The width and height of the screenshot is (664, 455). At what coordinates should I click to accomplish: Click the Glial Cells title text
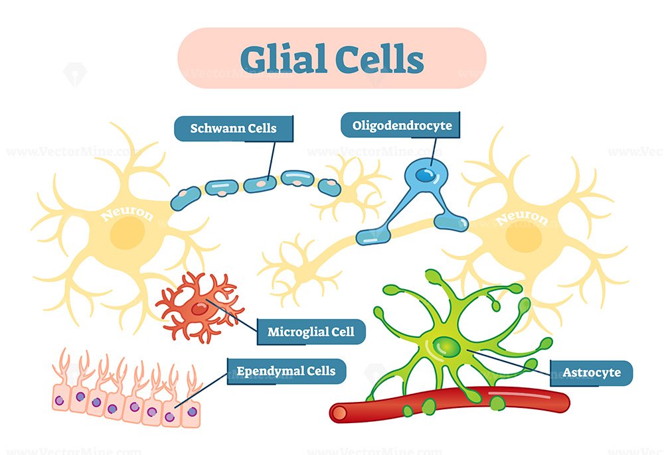coord(332,58)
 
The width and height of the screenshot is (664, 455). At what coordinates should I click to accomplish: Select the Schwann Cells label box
coord(233,128)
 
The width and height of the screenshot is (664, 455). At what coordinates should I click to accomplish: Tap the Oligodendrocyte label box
coord(400,125)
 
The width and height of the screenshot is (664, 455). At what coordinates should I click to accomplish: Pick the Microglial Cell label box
coord(311,332)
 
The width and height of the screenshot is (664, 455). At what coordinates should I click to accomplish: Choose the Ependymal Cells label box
coord(286,371)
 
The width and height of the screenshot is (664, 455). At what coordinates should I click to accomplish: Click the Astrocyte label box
coord(591,373)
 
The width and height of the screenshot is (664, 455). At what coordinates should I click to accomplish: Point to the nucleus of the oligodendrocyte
coord(425,174)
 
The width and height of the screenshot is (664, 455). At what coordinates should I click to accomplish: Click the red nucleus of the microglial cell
coord(199,309)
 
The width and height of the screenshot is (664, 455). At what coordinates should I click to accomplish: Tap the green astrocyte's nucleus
coord(446,347)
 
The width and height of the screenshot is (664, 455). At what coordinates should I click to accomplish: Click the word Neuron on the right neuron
coord(522,218)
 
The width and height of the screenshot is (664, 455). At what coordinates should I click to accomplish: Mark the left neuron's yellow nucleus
coord(127,233)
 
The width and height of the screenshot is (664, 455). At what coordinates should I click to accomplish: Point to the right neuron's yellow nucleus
coord(524,236)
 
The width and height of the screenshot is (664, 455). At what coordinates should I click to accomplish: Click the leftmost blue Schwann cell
coord(185,198)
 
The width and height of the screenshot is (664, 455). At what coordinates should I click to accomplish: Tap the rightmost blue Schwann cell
coord(329,187)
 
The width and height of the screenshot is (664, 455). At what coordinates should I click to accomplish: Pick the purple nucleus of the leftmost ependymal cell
coord(60,400)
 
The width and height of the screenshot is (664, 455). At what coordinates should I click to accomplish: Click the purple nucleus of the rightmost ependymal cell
coord(192,411)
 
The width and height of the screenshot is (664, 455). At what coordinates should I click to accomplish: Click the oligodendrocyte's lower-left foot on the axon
coord(373,236)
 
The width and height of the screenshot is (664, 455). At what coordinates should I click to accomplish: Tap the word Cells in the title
coord(379,58)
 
